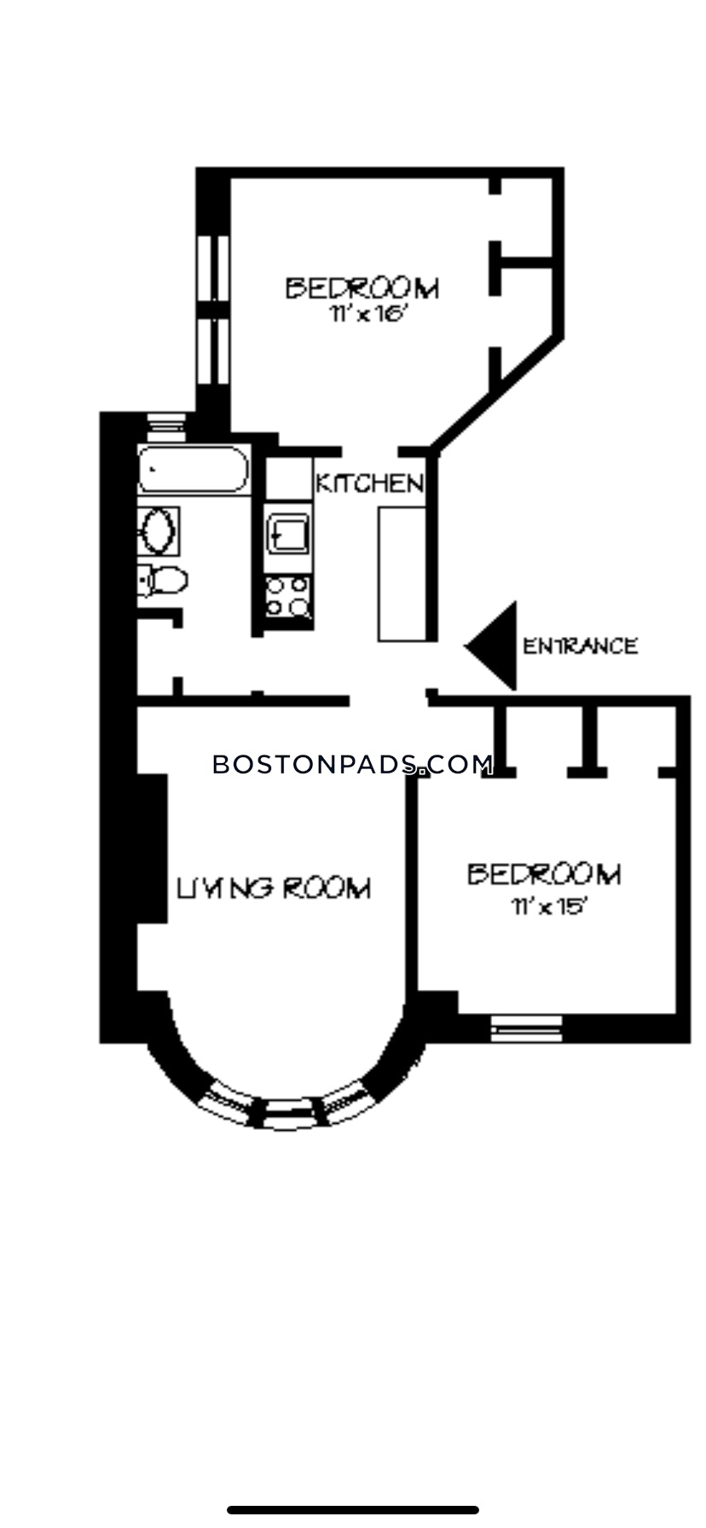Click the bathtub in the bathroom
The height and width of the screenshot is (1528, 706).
(x=193, y=470)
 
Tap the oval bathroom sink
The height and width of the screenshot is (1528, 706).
(x=158, y=530)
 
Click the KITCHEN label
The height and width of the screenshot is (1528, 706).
(x=369, y=483)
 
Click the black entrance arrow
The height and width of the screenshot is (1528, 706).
(x=493, y=646)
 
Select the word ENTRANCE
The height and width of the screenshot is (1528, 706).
(x=580, y=646)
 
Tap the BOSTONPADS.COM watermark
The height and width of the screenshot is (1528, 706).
(x=352, y=764)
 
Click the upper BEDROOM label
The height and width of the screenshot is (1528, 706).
(x=362, y=288)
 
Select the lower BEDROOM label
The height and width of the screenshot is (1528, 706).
(x=545, y=874)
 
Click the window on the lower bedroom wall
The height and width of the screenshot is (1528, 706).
(x=527, y=1028)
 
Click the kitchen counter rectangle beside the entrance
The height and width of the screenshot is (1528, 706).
(x=402, y=573)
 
